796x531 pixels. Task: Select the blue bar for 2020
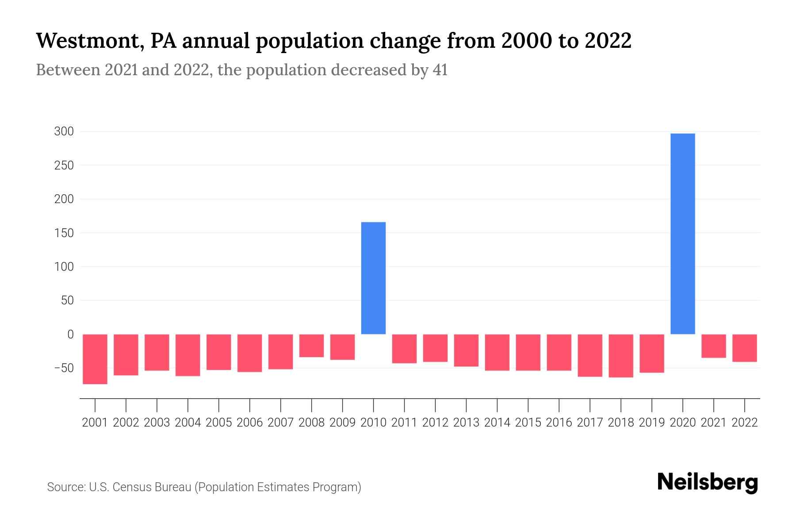click(x=682, y=234)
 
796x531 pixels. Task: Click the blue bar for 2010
click(x=373, y=278)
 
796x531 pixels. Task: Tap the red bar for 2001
click(x=95, y=359)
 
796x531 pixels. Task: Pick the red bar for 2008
click(x=311, y=346)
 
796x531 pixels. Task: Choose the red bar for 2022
click(x=744, y=348)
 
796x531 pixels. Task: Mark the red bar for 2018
click(x=620, y=356)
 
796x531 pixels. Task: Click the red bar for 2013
click(x=466, y=350)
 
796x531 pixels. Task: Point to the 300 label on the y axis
click(x=64, y=131)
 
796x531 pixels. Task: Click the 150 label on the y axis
click(x=64, y=233)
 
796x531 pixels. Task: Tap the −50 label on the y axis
click(x=64, y=368)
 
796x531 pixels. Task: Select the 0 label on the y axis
click(x=70, y=335)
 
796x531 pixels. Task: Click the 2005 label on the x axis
click(x=218, y=423)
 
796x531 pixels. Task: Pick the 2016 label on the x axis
click(x=559, y=423)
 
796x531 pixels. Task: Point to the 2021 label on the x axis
click(x=713, y=423)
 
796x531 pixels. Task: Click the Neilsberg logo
click(x=708, y=482)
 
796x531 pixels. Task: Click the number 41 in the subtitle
click(x=440, y=70)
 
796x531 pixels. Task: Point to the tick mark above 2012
click(x=435, y=405)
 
